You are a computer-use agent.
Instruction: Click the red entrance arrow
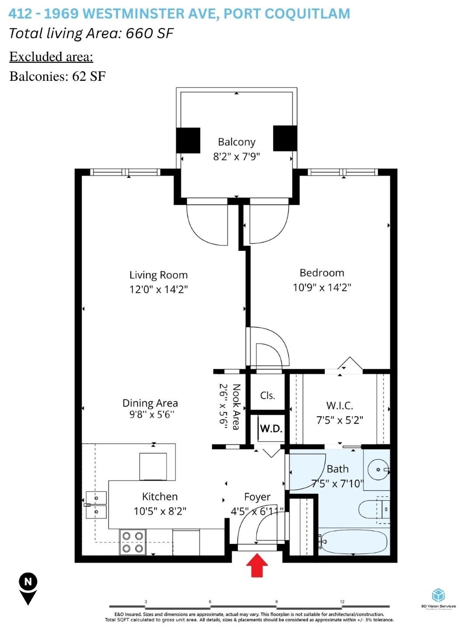pyautogui.click(x=257, y=565)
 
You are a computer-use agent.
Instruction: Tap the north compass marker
pyautogui.click(x=28, y=588)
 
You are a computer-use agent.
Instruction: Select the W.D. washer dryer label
pyautogui.click(x=271, y=429)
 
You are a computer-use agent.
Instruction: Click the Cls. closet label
pyautogui.click(x=267, y=395)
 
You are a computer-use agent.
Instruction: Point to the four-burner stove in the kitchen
pyautogui.click(x=132, y=542)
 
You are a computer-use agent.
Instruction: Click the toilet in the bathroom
pyautogui.click(x=374, y=509)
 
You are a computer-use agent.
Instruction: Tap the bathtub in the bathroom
pyautogui.click(x=353, y=542)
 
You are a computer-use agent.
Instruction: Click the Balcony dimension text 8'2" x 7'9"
pyautogui.click(x=236, y=156)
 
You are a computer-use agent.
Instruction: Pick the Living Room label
pyautogui.click(x=158, y=275)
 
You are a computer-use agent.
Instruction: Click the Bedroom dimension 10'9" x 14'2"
pyautogui.click(x=322, y=287)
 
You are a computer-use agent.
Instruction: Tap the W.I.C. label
pyautogui.click(x=340, y=405)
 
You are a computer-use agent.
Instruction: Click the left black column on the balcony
pyautogui.click(x=188, y=140)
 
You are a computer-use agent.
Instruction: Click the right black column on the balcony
pyautogui.click(x=285, y=138)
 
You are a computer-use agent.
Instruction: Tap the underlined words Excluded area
pyautogui.click(x=51, y=57)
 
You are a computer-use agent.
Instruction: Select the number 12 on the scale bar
pyautogui.click(x=342, y=601)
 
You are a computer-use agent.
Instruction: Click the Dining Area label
pyautogui.click(x=150, y=403)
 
